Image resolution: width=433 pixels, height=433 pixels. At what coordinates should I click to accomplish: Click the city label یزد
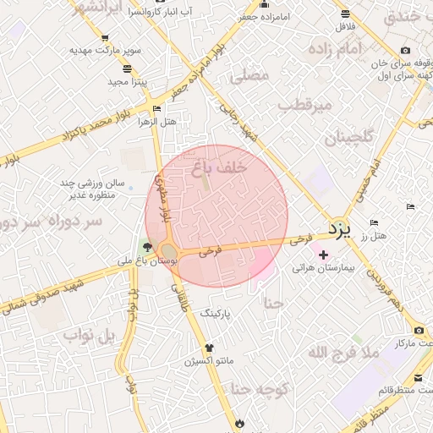(339, 228)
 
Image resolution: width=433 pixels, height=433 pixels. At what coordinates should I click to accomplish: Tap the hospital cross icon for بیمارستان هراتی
(322, 255)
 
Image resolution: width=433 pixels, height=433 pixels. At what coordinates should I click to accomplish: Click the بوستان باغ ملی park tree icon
(149, 247)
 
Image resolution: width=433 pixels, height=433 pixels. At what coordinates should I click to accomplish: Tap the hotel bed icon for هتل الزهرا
(156, 109)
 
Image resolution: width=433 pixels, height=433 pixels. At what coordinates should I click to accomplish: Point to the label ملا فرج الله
(343, 353)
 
